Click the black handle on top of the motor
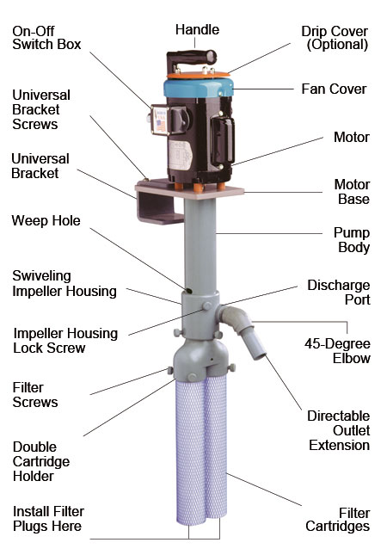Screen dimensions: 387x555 coord(191,59)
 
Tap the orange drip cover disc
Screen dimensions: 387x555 coord(198,75)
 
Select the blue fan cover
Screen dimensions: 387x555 coord(198,88)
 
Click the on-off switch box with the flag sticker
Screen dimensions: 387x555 coord(160,120)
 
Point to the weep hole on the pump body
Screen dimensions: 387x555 coord(189,291)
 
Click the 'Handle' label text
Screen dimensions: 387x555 coord(197,30)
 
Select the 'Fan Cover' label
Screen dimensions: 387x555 coord(334,89)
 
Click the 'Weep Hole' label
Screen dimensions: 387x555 coord(46,220)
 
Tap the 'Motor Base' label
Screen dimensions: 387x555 coord(352,192)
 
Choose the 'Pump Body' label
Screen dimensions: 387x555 coord(352,239)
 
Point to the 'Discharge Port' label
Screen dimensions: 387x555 coord(339,292)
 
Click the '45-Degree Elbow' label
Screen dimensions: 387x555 coord(337,351)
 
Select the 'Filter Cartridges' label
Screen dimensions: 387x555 coord(338,520)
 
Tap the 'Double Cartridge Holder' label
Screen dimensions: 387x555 coord(41,461)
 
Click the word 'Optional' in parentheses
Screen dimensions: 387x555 coord(337,45)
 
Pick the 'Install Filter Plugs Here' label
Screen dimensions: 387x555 coord(48,519)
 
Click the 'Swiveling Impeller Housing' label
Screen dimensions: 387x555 coord(64,283)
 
